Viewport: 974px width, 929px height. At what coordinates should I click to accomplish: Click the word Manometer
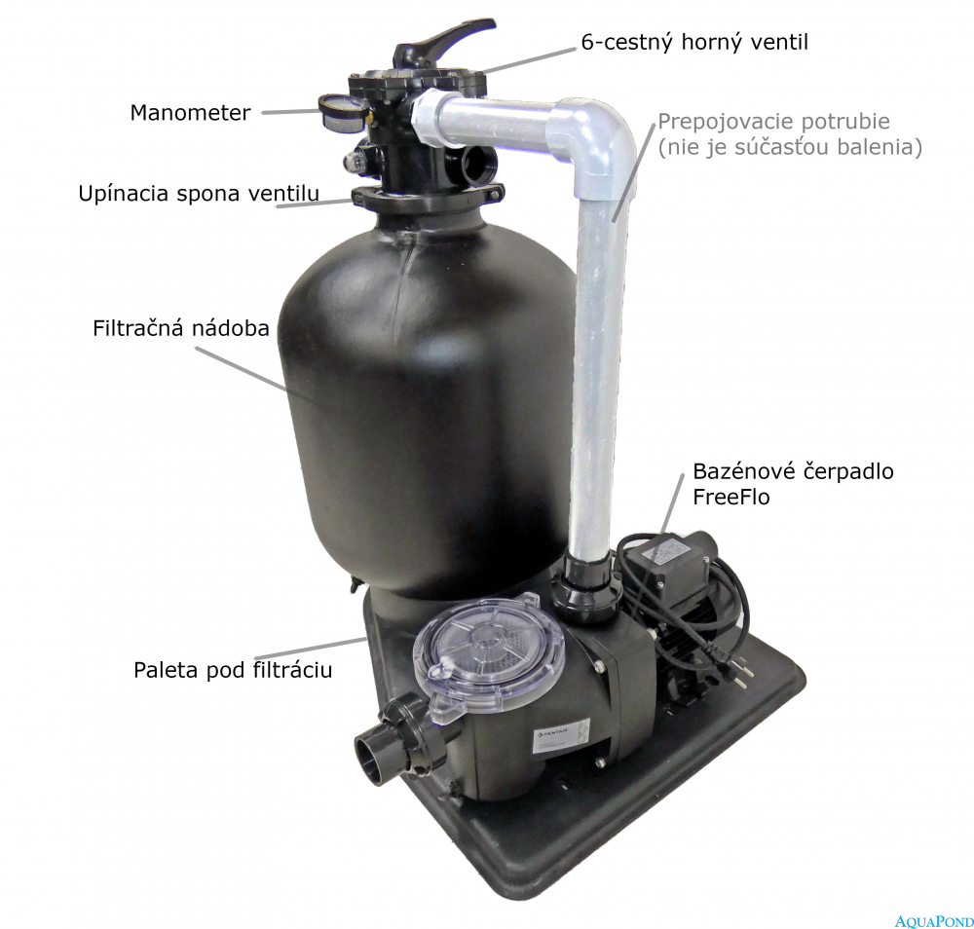[x=190, y=112]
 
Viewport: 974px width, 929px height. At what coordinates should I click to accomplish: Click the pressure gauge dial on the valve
[x=342, y=114]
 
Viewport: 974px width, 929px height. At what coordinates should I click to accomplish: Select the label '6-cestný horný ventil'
[x=694, y=42]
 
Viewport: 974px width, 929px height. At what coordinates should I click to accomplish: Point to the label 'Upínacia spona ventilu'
[x=199, y=194]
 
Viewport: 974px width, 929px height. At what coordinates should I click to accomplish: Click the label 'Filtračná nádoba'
[x=181, y=328]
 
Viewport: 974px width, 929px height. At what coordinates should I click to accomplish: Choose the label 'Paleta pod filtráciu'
[x=233, y=670]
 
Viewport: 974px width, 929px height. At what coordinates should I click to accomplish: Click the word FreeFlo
[x=731, y=497]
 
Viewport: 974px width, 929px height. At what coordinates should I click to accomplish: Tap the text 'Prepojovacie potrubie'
[x=774, y=122]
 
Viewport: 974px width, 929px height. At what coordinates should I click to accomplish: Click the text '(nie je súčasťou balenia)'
[x=790, y=147]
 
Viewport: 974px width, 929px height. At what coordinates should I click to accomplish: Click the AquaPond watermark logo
[x=934, y=919]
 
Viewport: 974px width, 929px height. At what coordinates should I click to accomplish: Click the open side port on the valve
[x=477, y=166]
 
